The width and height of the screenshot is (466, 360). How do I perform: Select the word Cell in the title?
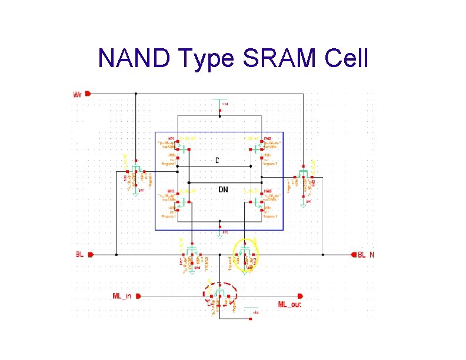[x=344, y=59]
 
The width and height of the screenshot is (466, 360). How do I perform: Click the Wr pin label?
[x=78, y=94]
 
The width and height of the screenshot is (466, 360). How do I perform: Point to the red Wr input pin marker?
[x=88, y=94]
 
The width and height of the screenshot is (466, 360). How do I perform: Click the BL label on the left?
[x=79, y=255]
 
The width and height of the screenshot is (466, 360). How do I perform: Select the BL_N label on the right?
[x=365, y=255]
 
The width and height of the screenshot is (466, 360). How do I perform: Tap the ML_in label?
[x=121, y=295]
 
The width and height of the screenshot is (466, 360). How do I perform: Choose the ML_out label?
[x=291, y=304]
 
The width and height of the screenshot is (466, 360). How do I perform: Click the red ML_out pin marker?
[x=301, y=296]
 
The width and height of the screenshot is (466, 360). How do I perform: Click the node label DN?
[x=223, y=189]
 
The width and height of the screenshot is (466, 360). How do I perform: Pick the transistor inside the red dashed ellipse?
[x=219, y=294]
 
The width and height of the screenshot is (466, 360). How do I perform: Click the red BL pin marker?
[x=89, y=255]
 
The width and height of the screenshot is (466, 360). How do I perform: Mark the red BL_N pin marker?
[x=354, y=255]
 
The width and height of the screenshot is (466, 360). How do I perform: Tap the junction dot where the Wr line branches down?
[x=136, y=94]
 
